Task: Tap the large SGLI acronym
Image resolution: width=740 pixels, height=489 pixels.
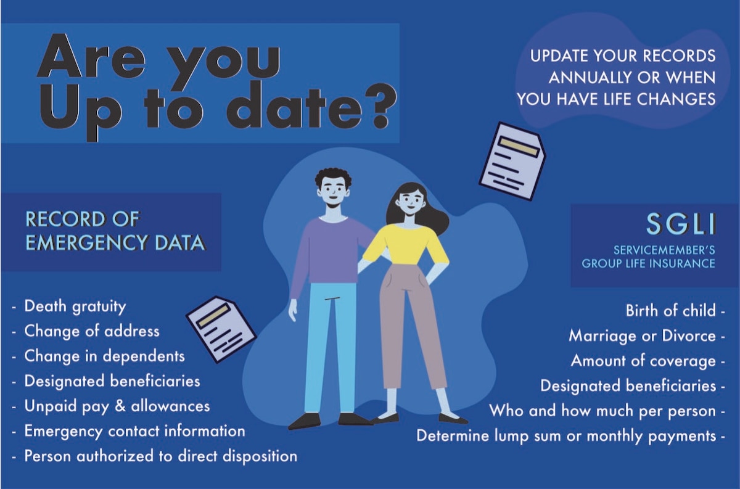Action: tap(681, 224)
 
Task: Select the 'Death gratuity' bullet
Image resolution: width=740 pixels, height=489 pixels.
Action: tap(75, 306)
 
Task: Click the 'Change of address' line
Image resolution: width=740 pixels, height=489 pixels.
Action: tap(91, 331)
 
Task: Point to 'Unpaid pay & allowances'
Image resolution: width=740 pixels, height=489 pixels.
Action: tap(117, 406)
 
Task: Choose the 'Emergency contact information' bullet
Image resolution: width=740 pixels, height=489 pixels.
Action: tap(134, 431)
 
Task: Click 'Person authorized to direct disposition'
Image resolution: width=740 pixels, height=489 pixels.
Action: tap(160, 456)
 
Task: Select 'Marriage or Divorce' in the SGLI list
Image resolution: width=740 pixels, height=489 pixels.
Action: tap(642, 336)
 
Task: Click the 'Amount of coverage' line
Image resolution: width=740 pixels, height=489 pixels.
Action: tap(643, 361)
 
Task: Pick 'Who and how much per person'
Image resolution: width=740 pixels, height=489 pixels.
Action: tap(602, 411)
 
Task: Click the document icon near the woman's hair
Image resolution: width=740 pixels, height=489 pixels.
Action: tap(512, 161)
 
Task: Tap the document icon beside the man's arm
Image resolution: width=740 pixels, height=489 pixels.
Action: tap(220, 329)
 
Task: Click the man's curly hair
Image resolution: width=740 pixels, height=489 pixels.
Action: tap(333, 178)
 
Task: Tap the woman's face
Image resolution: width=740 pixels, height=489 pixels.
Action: tap(411, 200)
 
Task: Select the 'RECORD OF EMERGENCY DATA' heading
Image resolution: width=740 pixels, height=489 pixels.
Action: tap(115, 231)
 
